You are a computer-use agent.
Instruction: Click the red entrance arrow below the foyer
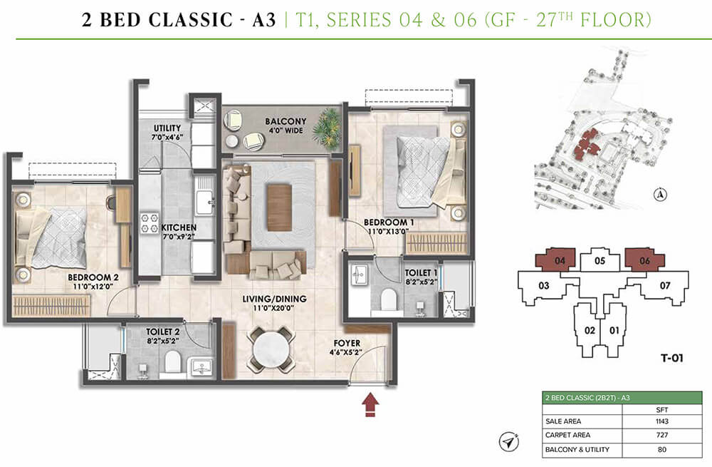(x=371, y=406)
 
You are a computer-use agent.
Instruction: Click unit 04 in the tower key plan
(x=560, y=260)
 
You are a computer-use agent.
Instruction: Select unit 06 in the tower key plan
(x=644, y=260)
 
